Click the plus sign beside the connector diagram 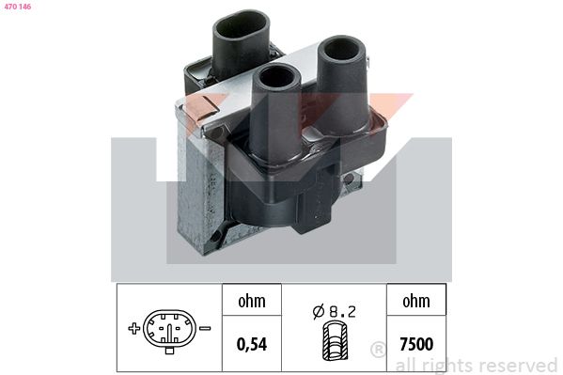(x=135, y=329)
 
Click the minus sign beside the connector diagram (x=204, y=329)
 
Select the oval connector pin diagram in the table (x=169, y=330)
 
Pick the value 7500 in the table (x=415, y=343)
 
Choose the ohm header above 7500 (x=415, y=302)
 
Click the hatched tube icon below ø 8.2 (x=334, y=342)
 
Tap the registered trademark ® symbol (x=378, y=351)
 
